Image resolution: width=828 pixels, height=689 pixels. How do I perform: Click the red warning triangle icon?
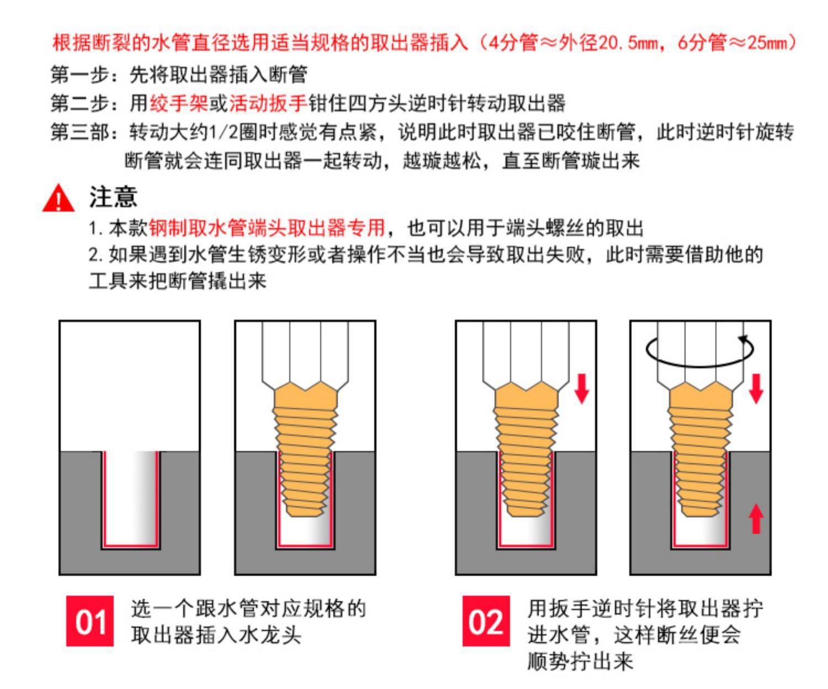click(x=59, y=198)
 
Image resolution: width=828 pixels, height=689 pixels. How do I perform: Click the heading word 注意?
click(x=113, y=197)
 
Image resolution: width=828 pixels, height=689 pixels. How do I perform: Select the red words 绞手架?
click(x=179, y=104)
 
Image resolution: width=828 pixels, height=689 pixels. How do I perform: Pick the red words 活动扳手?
click(x=268, y=104)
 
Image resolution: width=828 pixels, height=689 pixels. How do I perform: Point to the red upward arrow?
click(x=756, y=519)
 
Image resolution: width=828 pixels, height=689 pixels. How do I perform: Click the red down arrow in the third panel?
click(x=582, y=389)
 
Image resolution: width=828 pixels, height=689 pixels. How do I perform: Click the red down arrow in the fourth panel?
click(x=756, y=389)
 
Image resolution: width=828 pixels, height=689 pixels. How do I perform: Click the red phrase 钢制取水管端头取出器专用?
click(x=267, y=227)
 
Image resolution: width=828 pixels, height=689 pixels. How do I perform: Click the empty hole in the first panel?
click(x=130, y=497)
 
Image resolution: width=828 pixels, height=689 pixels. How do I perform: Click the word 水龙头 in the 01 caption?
click(x=270, y=634)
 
